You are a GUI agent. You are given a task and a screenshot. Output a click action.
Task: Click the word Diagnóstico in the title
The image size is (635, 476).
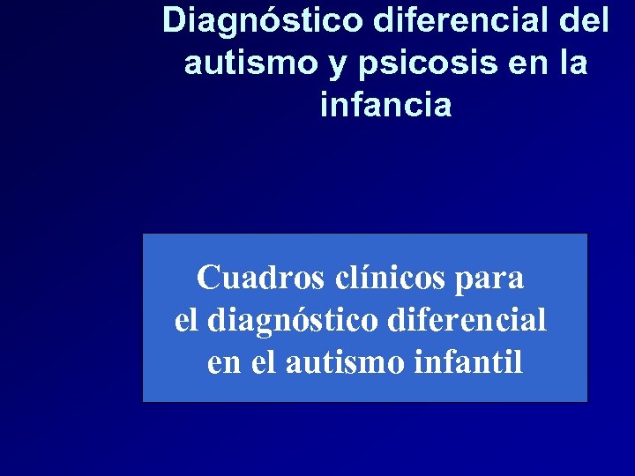point(262,20)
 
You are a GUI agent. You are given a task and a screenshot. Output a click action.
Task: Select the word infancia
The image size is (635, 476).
point(386,106)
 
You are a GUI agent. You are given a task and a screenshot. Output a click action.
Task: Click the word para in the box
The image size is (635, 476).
point(490,279)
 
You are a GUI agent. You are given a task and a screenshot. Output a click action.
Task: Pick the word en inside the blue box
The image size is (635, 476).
point(224,361)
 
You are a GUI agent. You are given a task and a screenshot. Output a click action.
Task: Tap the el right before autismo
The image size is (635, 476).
point(264,361)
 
